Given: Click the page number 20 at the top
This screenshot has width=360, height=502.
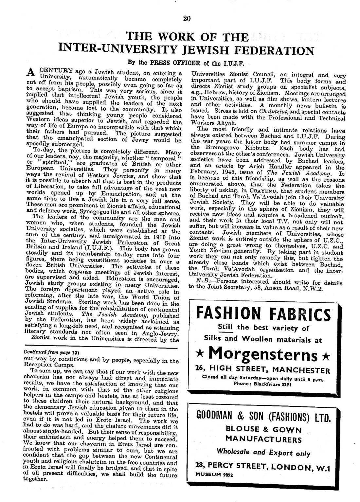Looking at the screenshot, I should (x=187, y=18).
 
